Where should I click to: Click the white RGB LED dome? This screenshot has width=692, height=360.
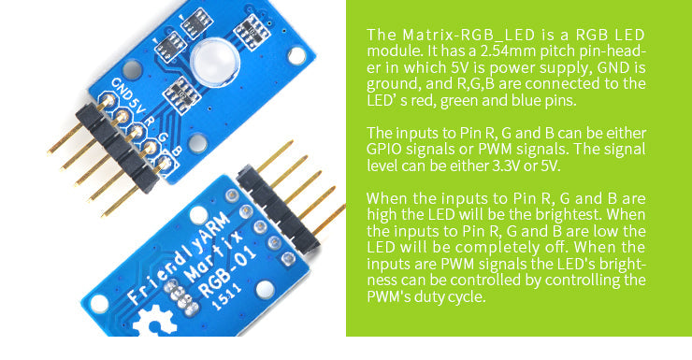point(213,63)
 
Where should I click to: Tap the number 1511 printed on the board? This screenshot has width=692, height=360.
point(225,296)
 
